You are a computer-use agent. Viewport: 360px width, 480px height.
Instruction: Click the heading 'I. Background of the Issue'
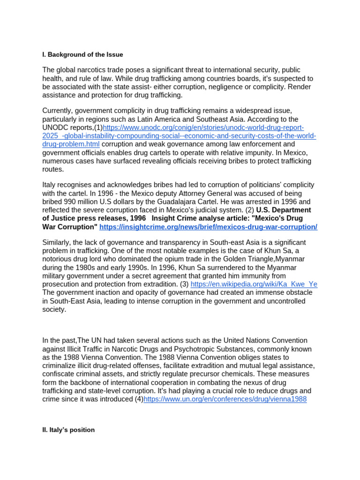(x=82, y=55)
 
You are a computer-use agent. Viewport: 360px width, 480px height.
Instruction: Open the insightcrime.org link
(x=208, y=227)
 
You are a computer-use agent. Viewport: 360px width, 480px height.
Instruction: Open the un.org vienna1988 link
(x=225, y=399)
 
